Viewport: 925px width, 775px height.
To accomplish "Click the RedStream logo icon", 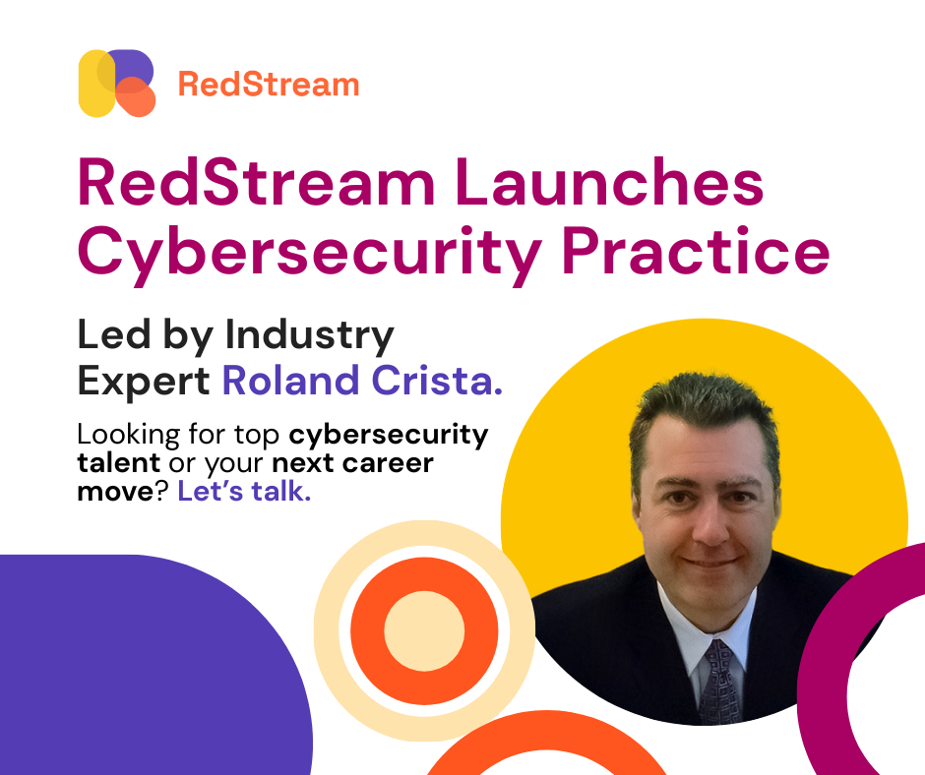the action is (117, 84).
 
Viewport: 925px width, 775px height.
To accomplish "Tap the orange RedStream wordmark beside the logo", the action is (269, 85).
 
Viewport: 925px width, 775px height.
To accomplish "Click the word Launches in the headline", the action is (609, 183).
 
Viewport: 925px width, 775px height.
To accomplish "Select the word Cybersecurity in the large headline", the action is (310, 253).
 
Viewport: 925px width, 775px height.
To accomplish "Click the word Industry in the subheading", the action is (310, 336).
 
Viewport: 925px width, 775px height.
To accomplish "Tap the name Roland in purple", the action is (290, 381).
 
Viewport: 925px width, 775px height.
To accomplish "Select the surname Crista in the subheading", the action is (437, 381).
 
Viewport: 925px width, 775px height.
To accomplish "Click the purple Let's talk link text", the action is (244, 492).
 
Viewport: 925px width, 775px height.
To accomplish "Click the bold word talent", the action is (118, 462).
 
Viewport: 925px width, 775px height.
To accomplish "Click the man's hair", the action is (705, 413).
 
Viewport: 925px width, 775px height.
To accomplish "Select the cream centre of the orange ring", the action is (424, 630).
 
